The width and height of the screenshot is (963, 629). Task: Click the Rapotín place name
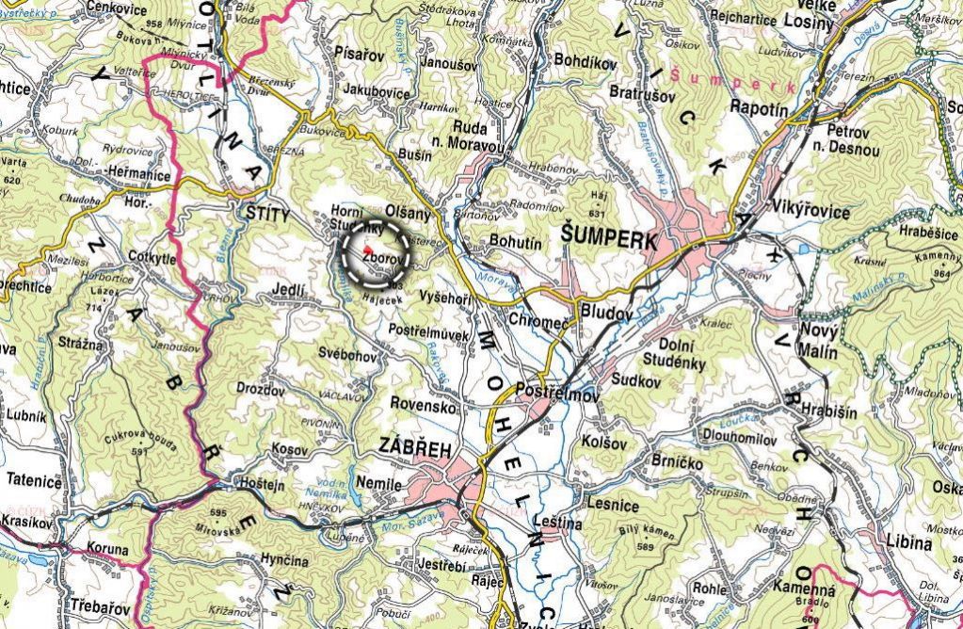point(758,109)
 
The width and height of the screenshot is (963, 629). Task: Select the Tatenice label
point(33,481)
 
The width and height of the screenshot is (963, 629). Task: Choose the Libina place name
point(909,543)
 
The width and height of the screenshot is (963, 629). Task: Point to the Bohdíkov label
point(585,61)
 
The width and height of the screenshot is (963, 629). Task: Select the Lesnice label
point(614,505)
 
